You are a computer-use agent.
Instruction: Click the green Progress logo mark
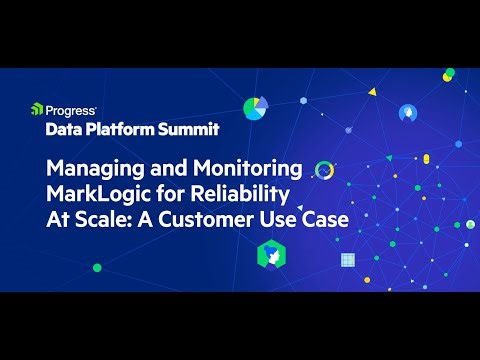click(36, 108)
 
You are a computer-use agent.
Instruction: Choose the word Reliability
click(239, 193)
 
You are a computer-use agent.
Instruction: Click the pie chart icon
click(256, 107)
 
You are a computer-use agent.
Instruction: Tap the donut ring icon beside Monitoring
click(323, 169)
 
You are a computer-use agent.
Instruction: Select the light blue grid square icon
click(349, 261)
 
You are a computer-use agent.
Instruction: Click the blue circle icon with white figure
click(408, 112)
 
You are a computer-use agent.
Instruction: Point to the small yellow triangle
click(372, 91)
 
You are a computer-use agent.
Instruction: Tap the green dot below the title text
click(97, 267)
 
